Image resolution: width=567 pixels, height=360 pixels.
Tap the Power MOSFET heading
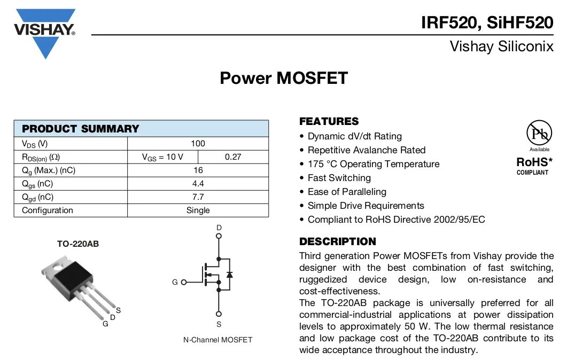[283, 78]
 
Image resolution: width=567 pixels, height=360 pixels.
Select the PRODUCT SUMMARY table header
[80, 129]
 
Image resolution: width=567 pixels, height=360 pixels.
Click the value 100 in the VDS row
[198, 144]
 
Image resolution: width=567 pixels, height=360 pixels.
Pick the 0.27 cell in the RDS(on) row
[233, 157]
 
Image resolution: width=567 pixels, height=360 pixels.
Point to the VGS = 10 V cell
[162, 157]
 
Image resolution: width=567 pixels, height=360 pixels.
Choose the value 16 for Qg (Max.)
[198, 170]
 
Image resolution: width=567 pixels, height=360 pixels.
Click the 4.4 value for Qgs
[198, 184]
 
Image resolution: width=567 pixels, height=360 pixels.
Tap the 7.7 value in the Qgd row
[198, 197]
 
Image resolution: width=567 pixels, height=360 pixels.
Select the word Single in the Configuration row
[198, 210]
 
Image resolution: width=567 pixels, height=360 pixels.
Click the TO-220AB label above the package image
[78, 244]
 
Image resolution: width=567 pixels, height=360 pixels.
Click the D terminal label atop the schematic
[219, 228]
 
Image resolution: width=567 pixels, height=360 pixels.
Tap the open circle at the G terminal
[184, 282]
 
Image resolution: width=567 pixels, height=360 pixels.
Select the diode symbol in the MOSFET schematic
[229, 275]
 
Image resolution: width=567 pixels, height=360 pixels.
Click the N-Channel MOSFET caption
[218, 340]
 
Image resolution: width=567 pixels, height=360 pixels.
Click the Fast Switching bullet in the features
[339, 178]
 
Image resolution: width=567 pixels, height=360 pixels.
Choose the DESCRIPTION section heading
[337, 241]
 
